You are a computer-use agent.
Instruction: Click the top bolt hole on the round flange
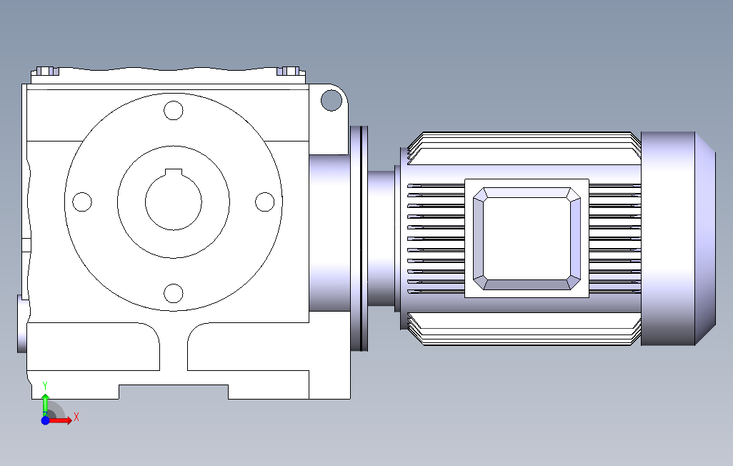point(174,110)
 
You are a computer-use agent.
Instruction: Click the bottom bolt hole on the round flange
point(174,293)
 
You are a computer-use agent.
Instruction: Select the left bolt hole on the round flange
point(82,202)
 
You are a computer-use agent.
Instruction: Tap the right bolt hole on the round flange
point(264,202)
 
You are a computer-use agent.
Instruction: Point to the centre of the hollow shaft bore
point(174,202)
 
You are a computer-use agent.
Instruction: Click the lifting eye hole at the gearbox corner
point(331,101)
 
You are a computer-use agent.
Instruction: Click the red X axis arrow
point(60,421)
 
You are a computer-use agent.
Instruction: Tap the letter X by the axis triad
point(76,417)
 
